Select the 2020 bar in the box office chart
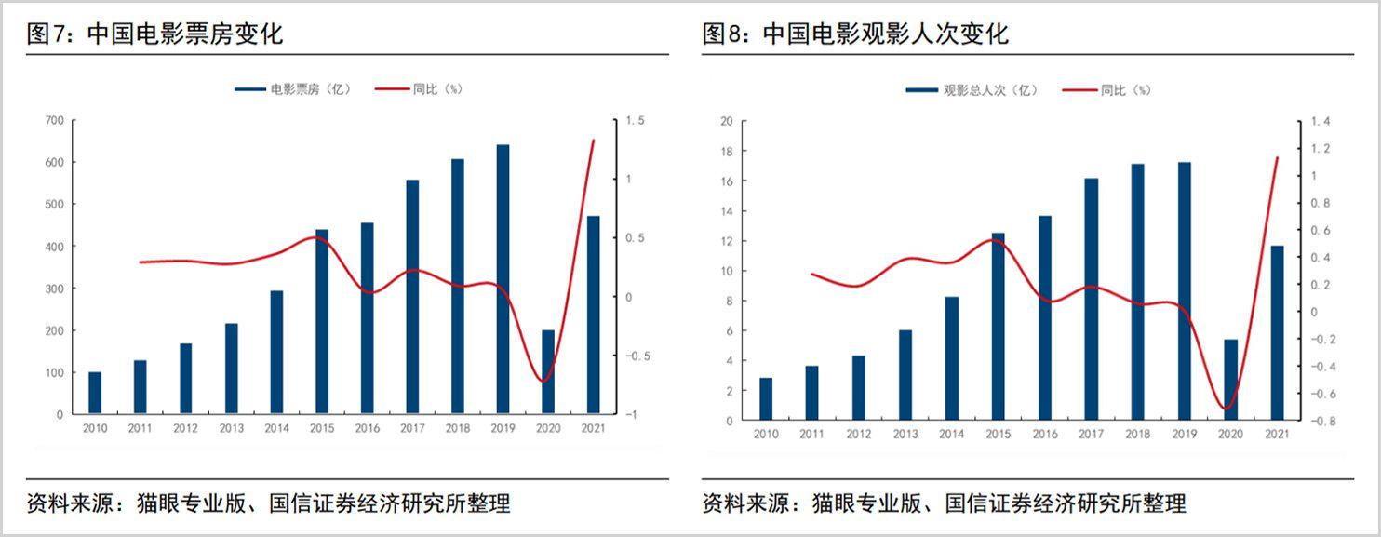548,371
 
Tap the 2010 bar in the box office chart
95,393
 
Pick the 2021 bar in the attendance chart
1277,332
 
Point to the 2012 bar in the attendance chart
858,387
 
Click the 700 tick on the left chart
54,121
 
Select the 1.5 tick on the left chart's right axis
635,121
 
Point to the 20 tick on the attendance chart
727,121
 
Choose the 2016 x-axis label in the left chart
367,429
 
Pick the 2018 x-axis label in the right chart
1137,435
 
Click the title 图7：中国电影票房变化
155,35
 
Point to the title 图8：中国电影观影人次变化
855,35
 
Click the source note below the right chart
944,504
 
